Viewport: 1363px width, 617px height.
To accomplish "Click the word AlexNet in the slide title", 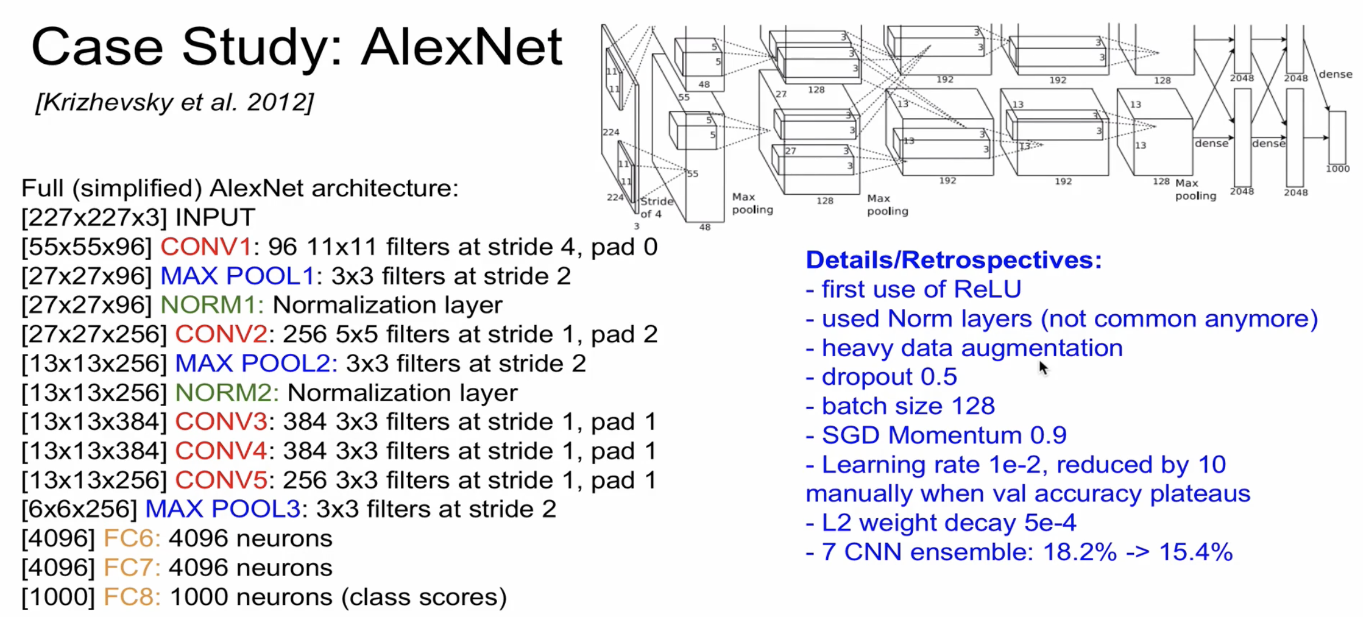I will tap(462, 47).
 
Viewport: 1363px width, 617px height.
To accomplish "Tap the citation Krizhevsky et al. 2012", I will tap(175, 103).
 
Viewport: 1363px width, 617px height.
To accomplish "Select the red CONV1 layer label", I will tap(206, 247).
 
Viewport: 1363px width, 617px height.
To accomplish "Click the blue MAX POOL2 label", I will tap(253, 364).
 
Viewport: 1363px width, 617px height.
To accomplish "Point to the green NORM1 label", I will tap(211, 305).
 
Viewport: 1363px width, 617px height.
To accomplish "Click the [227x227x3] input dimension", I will tap(94, 218).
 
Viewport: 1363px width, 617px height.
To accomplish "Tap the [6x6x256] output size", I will tap(79, 509).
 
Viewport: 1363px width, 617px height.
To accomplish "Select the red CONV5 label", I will tap(220, 480).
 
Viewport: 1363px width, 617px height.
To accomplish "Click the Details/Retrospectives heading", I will tap(954, 260).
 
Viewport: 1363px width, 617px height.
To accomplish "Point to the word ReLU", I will tap(987, 290).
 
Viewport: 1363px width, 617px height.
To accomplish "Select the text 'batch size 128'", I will tap(908, 406).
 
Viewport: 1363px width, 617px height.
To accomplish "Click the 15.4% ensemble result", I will tap(1195, 552).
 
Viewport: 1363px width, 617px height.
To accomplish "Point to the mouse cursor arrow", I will tap(1043, 368).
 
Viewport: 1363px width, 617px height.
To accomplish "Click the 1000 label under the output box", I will tap(1337, 169).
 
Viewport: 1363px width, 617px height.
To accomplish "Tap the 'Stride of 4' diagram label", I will tap(656, 207).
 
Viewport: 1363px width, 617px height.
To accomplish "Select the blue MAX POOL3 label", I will tap(222, 509).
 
